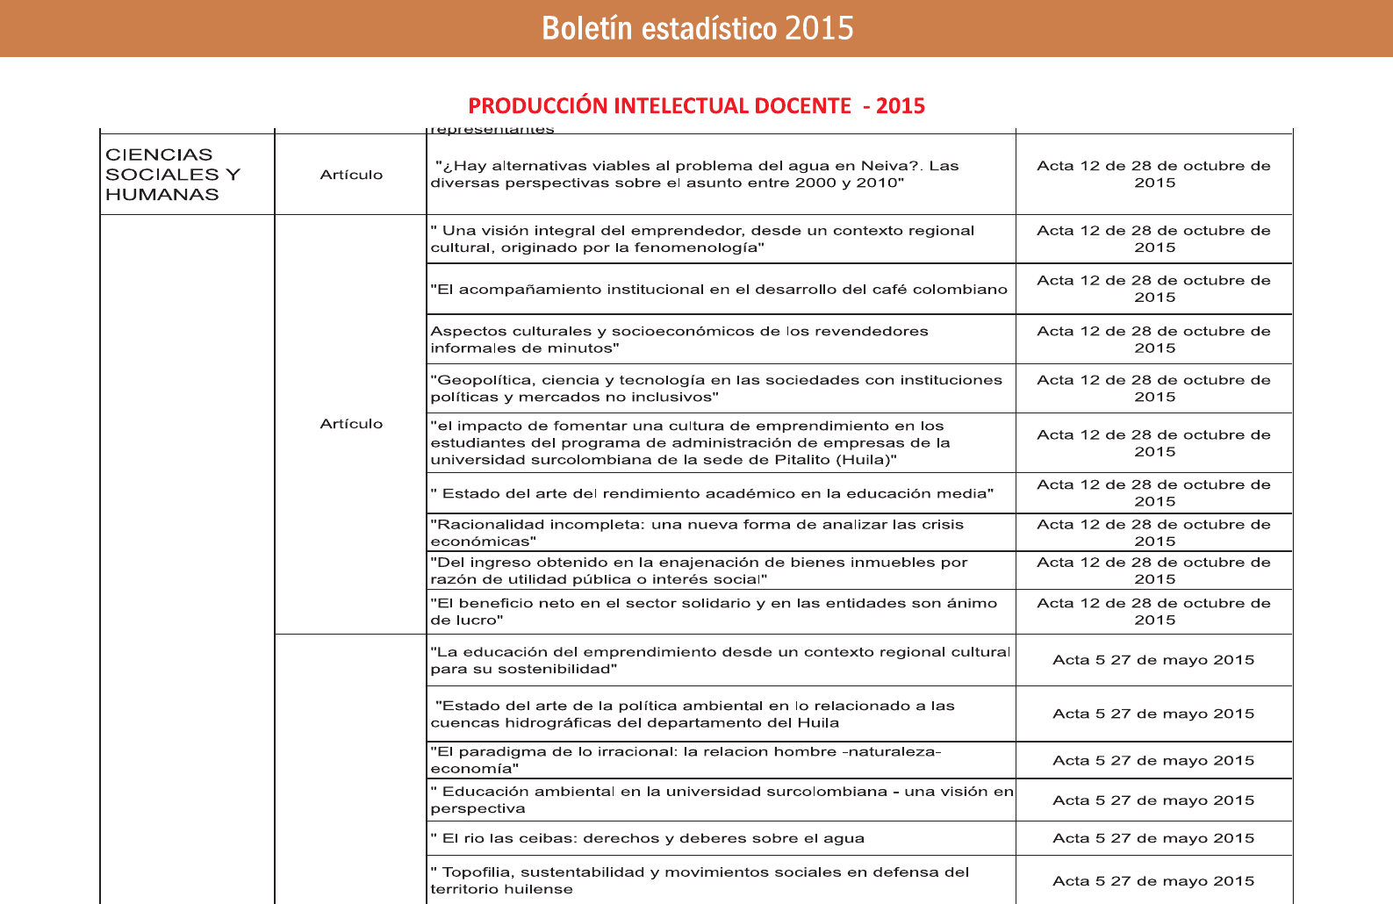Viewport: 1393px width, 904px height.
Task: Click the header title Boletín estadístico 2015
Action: coord(697,28)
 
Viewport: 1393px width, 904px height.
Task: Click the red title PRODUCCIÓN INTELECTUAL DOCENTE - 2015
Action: coord(696,106)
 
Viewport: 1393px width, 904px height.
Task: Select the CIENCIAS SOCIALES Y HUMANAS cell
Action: coord(172,175)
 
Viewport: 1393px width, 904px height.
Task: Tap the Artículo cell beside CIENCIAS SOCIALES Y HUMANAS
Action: coord(351,175)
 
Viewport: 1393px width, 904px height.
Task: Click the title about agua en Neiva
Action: coord(695,175)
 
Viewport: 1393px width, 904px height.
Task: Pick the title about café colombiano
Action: coord(718,290)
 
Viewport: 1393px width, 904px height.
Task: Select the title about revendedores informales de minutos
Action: coord(679,340)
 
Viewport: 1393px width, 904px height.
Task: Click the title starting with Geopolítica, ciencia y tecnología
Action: coord(715,389)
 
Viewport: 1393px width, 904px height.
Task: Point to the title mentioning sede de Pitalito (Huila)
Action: coord(690,443)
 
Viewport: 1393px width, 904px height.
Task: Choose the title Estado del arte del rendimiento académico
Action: coord(712,493)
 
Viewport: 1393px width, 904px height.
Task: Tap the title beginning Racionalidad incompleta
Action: coord(697,533)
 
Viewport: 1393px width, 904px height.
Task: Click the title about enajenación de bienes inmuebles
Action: coord(699,570)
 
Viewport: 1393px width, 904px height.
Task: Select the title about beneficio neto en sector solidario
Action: coord(713,612)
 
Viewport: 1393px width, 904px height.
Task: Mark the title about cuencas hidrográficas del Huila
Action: coord(692,714)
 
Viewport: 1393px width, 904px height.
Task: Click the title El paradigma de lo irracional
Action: coord(685,760)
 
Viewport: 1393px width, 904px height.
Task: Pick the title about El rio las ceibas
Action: coord(647,838)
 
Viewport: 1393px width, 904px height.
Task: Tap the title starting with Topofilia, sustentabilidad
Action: coord(700,880)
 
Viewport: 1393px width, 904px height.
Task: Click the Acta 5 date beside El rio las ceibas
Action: coord(1153,838)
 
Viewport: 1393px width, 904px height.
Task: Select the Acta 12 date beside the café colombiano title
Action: coord(1153,289)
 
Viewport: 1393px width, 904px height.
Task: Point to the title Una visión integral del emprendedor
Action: coord(702,239)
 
